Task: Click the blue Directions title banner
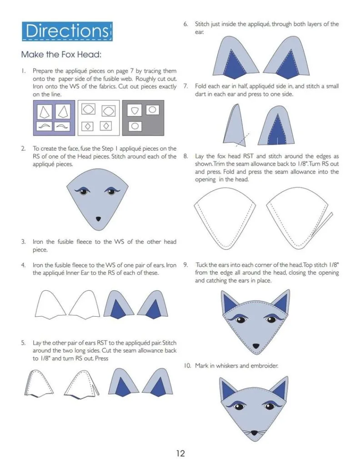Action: [x=67, y=31]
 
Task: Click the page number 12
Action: [x=180, y=453]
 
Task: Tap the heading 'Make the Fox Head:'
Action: [x=61, y=55]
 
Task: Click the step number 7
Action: [x=185, y=86]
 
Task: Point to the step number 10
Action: [x=187, y=365]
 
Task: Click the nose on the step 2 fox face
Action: [x=98, y=219]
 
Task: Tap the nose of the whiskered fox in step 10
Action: [x=254, y=432]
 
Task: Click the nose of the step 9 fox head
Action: [x=255, y=346]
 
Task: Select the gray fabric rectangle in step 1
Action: [x=143, y=118]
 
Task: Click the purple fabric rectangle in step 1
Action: [x=54, y=118]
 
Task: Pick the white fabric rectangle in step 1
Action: [x=99, y=118]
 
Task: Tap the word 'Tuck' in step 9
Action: [x=201, y=265]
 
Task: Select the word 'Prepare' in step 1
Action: [x=42, y=71]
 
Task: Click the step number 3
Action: [x=23, y=242]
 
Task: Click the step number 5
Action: [x=23, y=343]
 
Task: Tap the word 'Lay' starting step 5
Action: [x=37, y=343]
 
